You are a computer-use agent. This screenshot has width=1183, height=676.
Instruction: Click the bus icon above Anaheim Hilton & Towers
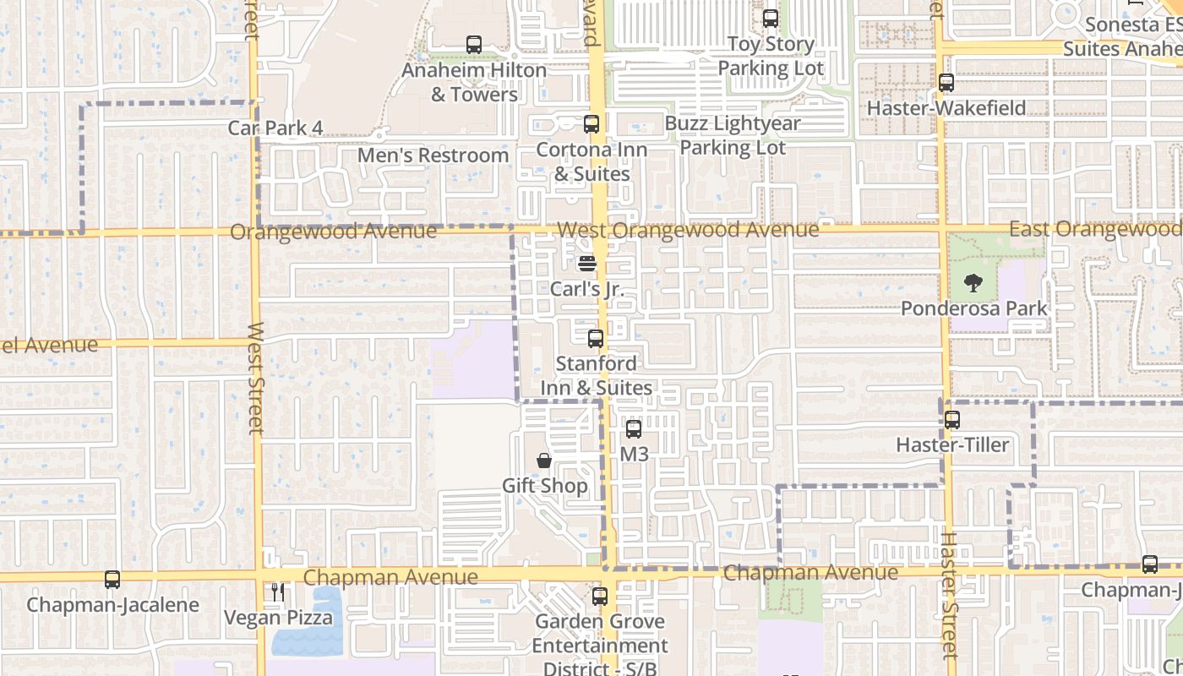click(474, 45)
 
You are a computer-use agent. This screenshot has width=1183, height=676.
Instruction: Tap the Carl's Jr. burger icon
click(587, 264)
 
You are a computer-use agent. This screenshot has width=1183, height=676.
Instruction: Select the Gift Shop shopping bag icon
click(544, 461)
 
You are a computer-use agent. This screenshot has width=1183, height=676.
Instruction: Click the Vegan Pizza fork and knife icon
click(278, 592)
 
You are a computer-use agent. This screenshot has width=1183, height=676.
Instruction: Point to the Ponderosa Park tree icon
click(973, 283)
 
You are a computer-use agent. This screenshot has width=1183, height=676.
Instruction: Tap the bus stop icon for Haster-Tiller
click(952, 420)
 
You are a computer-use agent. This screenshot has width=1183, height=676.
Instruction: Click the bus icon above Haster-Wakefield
click(946, 83)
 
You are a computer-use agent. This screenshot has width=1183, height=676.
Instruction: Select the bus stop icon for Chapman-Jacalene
click(112, 580)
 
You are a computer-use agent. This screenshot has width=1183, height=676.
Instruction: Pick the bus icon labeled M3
click(634, 429)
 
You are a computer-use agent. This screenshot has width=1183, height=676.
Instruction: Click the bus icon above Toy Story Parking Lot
click(771, 19)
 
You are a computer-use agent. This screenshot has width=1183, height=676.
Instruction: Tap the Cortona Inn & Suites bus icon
click(591, 124)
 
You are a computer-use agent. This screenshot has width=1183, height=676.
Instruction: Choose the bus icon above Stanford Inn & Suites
click(596, 339)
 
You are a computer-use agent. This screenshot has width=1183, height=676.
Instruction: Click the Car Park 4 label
click(275, 128)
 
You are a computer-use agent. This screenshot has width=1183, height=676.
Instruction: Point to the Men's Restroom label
click(433, 155)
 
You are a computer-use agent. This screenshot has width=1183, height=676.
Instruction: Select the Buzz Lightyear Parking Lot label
click(733, 135)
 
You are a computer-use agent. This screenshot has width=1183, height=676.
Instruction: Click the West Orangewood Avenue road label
click(687, 230)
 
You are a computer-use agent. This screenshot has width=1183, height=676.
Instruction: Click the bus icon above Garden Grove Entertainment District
click(600, 597)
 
